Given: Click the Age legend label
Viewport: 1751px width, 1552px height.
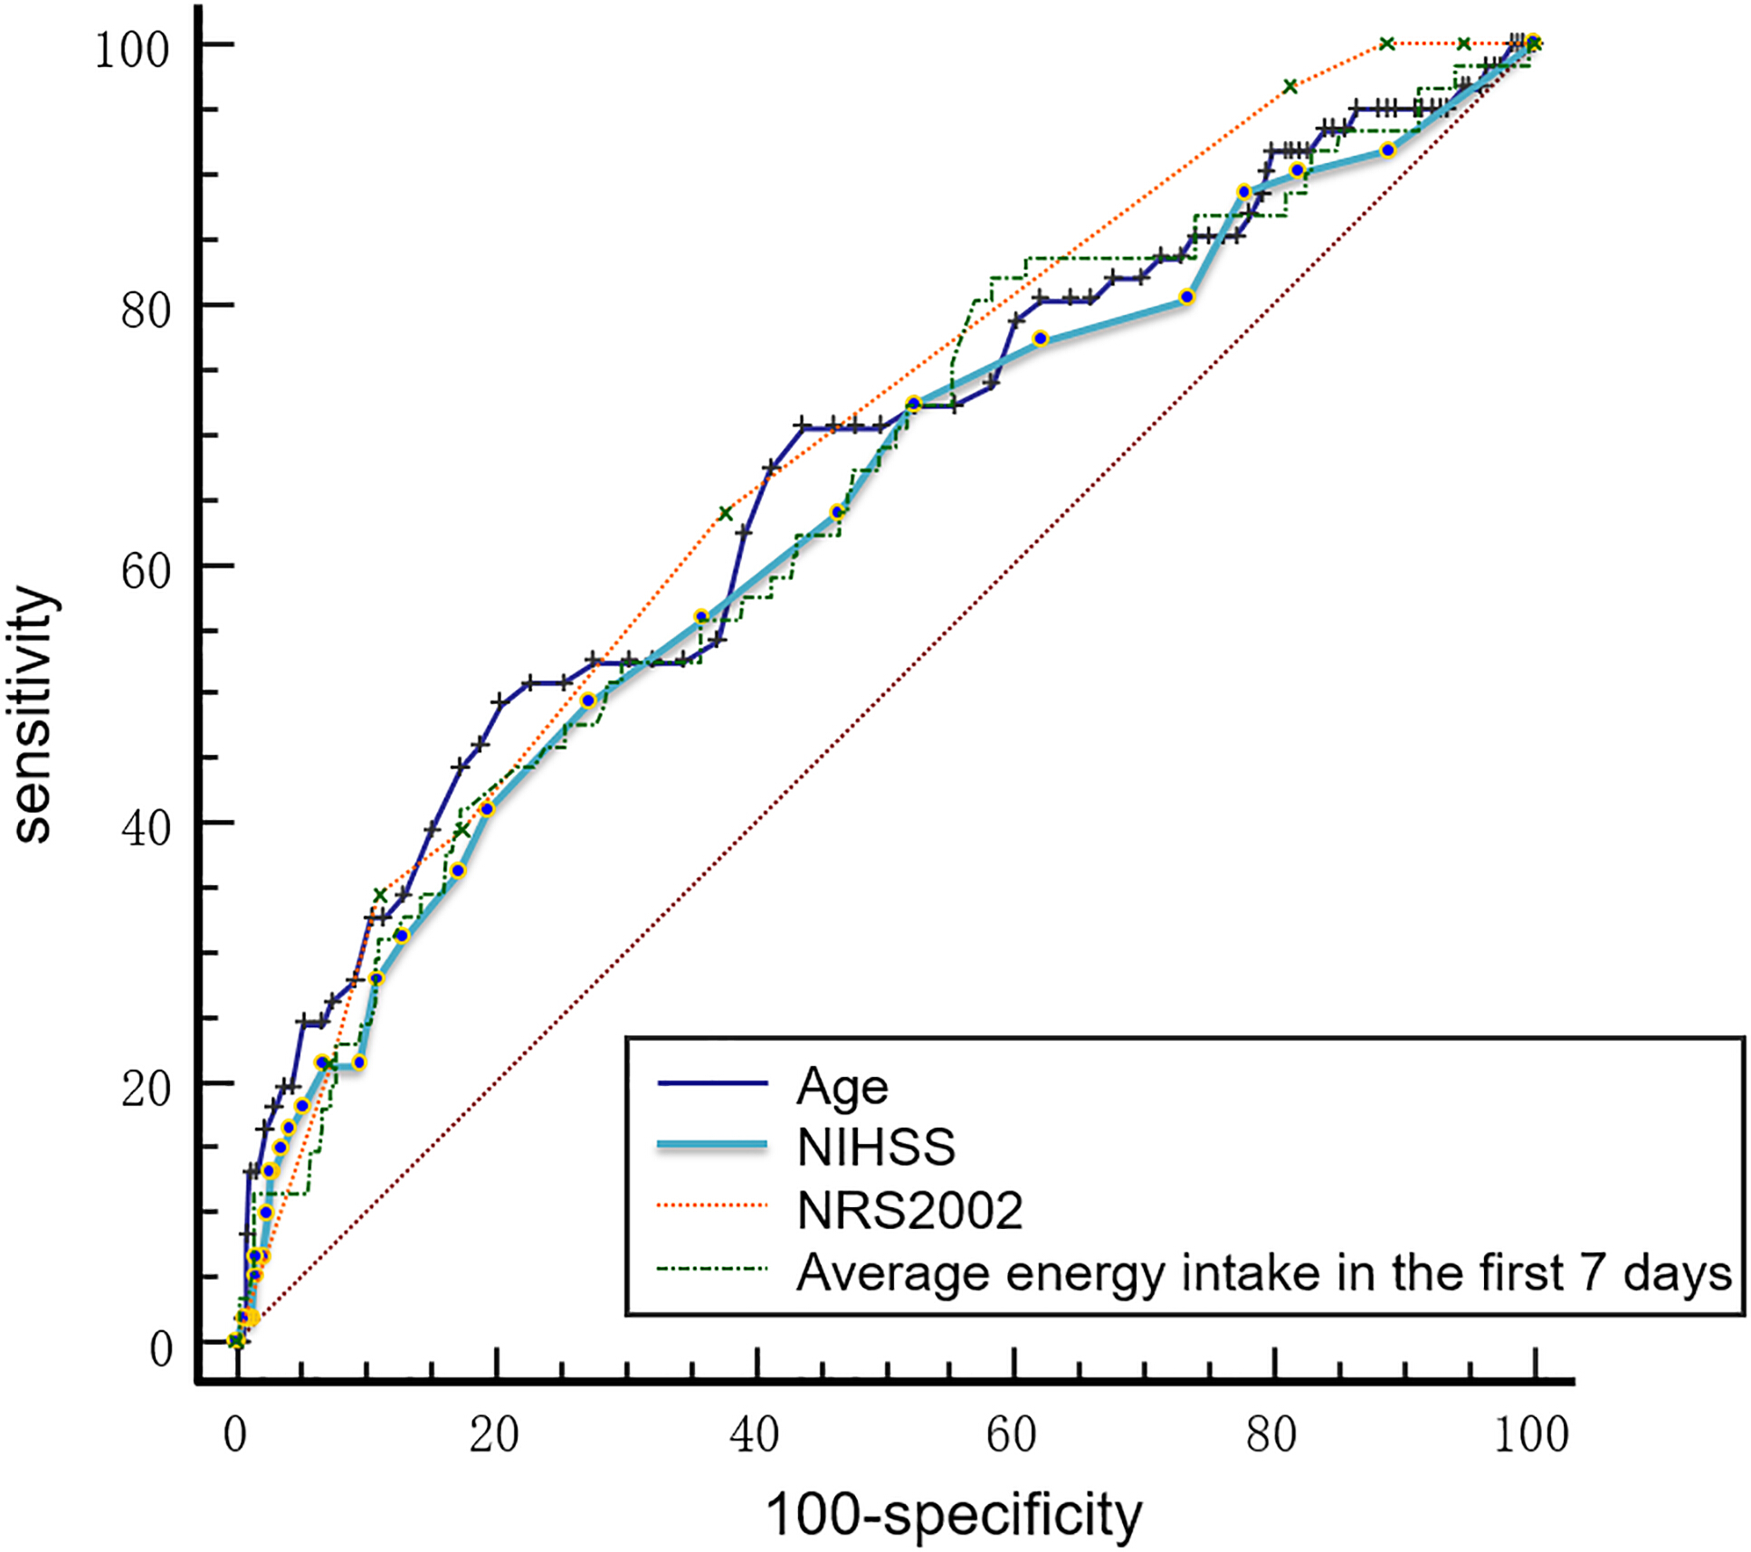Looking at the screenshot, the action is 842,1087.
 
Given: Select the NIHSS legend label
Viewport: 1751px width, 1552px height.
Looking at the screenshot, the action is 876,1147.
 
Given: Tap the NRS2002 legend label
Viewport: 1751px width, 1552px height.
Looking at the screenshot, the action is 909,1210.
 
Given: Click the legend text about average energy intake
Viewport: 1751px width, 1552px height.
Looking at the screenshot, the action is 1264,1272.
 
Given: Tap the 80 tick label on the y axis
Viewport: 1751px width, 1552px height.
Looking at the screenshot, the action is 146,310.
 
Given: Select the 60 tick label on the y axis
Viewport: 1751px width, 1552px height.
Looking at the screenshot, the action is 146,571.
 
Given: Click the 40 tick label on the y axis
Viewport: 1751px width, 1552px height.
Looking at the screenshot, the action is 146,828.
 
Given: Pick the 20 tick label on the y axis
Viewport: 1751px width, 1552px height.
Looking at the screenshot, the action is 146,1089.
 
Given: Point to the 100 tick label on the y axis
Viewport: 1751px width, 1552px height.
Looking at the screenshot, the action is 133,50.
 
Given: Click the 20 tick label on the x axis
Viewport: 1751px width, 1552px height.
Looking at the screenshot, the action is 494,1435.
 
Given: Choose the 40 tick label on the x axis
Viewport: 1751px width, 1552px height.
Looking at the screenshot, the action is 754,1435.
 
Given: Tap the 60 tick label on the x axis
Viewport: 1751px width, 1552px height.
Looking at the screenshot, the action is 1012,1435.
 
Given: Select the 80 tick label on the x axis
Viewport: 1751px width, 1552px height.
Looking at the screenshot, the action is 1271,1435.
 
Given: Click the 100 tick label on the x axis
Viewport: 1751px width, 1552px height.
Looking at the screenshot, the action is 1531,1435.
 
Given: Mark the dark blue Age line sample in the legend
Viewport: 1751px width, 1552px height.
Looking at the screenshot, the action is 712,1083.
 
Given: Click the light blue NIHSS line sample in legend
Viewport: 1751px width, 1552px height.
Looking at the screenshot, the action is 712,1146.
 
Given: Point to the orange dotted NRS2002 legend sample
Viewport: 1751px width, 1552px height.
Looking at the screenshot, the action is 712,1206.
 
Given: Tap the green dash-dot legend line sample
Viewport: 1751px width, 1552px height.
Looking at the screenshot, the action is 712,1269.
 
